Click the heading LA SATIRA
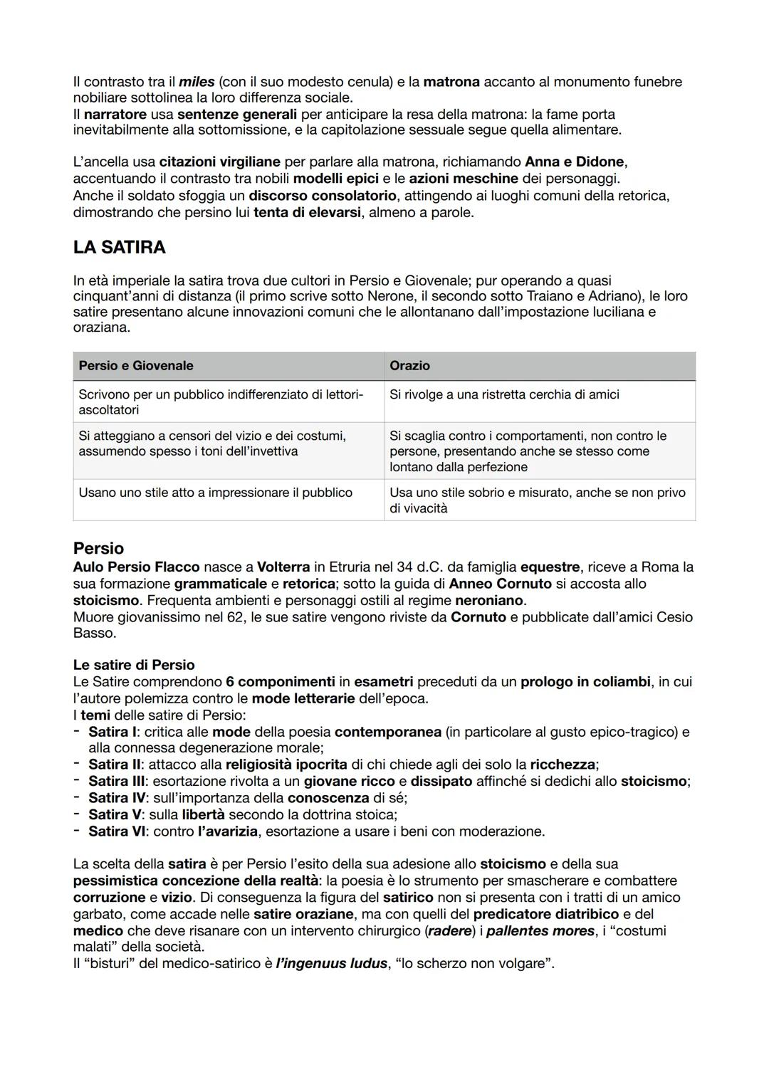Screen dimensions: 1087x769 pos(119,247)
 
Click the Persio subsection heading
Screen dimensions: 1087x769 pos(98,548)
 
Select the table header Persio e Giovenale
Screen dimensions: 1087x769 pos(136,365)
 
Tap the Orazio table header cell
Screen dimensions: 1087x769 pos(409,365)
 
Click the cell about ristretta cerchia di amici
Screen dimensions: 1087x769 pos(504,394)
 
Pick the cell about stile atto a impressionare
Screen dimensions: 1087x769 pos(215,493)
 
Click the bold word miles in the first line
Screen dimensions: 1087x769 pos(197,82)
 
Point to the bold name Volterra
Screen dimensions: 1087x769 pos(283,567)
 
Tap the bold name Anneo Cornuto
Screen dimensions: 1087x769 pos(500,584)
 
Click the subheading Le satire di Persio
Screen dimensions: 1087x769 pos(134,665)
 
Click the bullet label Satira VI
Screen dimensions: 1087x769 pos(117,831)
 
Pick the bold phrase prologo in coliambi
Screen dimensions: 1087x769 pos(585,682)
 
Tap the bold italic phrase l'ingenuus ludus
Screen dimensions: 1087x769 pos(332,963)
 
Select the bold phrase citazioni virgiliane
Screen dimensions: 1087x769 pos(220,162)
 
